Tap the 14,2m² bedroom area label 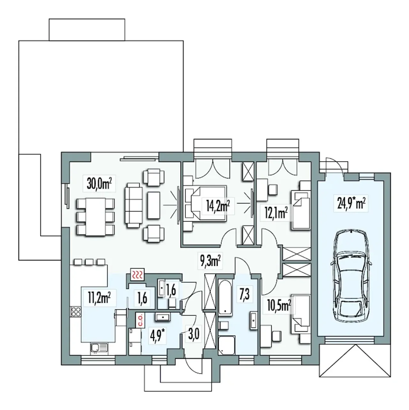(218, 206)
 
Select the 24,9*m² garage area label (351, 203)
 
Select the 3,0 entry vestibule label (194, 335)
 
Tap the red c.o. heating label (140, 321)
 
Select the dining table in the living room (95, 216)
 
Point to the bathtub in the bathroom (225, 298)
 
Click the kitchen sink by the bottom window (99, 348)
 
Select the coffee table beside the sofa (154, 205)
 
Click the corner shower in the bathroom (227, 345)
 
